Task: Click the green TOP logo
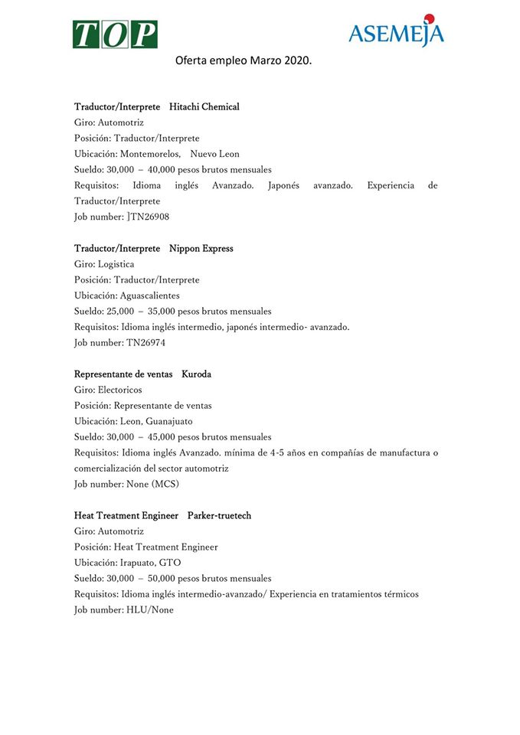(115, 34)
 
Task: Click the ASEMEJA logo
(396, 33)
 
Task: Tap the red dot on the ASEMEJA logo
(429, 18)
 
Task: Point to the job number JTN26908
(148, 217)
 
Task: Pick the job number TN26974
(146, 343)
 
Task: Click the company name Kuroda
(196, 374)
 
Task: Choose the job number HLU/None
(150, 610)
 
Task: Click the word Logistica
(116, 264)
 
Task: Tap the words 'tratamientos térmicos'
(374, 594)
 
